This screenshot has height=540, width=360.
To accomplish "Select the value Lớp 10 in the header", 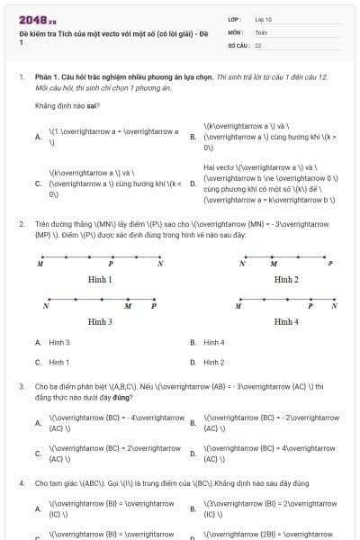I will coord(264,19).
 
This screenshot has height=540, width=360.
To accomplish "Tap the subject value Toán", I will coord(261,31).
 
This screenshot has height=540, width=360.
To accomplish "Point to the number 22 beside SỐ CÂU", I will coord(258,44).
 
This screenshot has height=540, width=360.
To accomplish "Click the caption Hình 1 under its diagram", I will coord(100,279).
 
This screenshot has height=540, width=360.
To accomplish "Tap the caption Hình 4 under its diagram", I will coord(285,321).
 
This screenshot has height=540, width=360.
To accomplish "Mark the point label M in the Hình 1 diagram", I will coord(40,265).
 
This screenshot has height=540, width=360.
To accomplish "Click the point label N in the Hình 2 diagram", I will coord(243,265).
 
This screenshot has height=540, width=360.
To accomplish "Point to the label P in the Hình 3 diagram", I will coord(154,306).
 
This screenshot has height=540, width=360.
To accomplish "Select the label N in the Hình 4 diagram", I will coord(334,306).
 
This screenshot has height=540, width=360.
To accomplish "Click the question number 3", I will coord(21,385).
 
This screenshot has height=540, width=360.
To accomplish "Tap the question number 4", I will coord(21,482).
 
